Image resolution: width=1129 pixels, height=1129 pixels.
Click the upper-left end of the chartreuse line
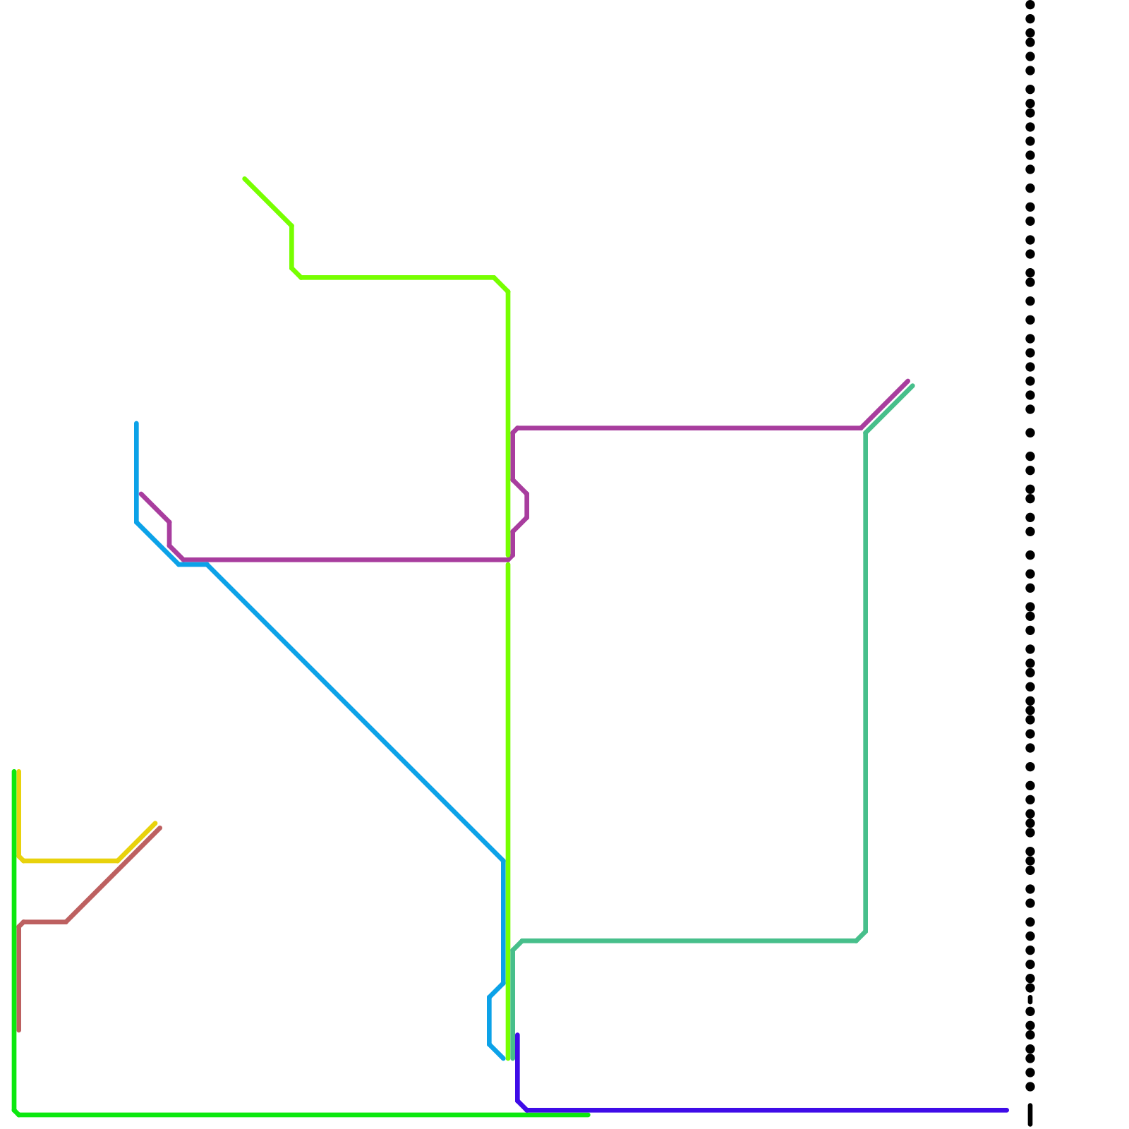tap(245, 179)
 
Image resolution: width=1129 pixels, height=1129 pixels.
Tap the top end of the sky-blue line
tap(136, 423)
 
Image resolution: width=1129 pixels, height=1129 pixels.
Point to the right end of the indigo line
tap(1007, 1110)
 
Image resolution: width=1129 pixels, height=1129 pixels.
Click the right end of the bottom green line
tap(588, 1115)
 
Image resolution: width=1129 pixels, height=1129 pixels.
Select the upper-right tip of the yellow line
tap(155, 823)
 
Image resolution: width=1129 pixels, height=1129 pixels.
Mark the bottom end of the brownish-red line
tap(19, 1030)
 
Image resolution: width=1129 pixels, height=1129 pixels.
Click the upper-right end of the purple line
tap(908, 381)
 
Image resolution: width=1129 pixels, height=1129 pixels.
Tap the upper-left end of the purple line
tap(141, 494)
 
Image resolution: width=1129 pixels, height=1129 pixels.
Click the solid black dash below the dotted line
tap(1030, 1114)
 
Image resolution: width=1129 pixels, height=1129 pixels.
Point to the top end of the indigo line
tap(517, 1035)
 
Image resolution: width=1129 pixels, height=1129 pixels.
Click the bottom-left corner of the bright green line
tap(16, 1113)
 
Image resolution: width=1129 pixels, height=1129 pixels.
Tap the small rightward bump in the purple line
tap(526, 506)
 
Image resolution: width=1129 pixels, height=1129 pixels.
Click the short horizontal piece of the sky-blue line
tap(193, 564)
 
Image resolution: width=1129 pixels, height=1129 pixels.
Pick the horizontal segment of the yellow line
tap(71, 861)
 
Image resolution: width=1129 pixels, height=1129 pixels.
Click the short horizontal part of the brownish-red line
tap(44, 922)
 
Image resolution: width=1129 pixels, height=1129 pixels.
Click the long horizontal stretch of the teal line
tap(689, 941)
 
